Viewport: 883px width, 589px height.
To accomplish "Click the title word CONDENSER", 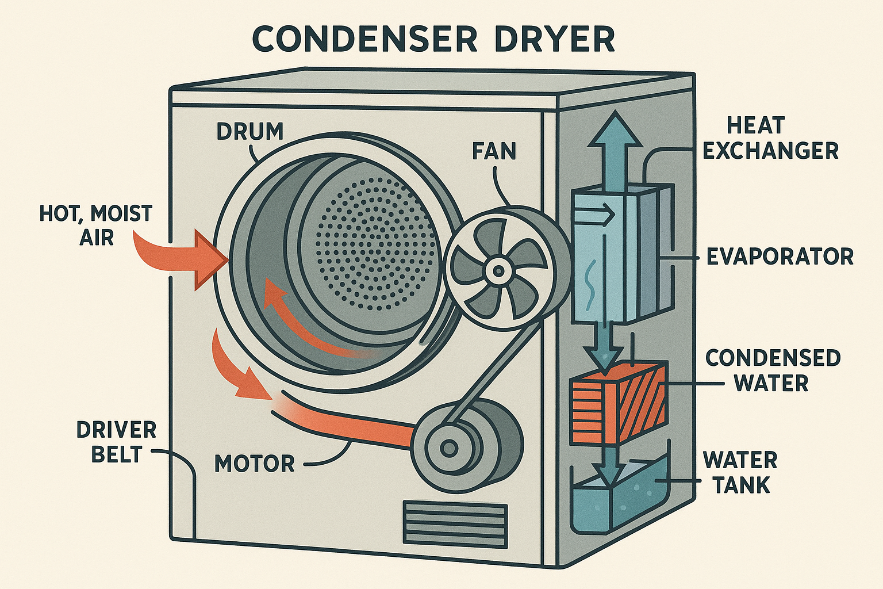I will (x=364, y=40).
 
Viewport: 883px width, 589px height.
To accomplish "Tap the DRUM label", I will (x=250, y=131).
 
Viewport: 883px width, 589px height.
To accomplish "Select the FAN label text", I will (x=494, y=151).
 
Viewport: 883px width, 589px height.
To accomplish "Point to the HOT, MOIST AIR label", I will (x=95, y=225).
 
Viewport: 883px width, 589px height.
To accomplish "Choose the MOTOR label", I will (x=255, y=463).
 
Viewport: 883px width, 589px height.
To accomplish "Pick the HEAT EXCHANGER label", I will (x=771, y=138).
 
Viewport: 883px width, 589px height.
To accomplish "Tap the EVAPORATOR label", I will (x=780, y=257).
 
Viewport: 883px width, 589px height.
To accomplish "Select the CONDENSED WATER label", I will (x=773, y=370).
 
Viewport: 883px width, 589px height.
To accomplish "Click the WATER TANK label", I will (x=740, y=472).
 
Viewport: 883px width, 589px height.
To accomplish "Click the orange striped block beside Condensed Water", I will (x=617, y=403).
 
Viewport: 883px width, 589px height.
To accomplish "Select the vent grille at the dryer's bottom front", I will (x=455, y=522).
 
